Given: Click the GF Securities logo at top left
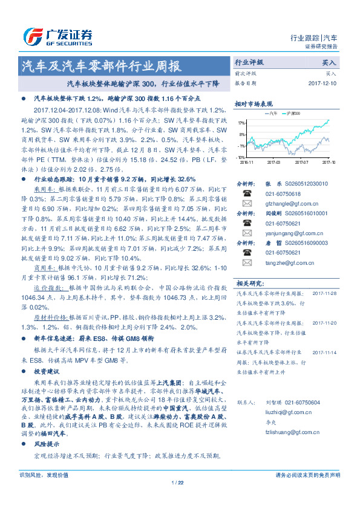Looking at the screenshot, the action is coord(57,36).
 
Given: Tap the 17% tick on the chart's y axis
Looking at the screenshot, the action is coord(241,123).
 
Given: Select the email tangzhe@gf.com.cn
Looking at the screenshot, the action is coord(283,263).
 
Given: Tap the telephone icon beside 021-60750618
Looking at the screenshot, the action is coord(247,193).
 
